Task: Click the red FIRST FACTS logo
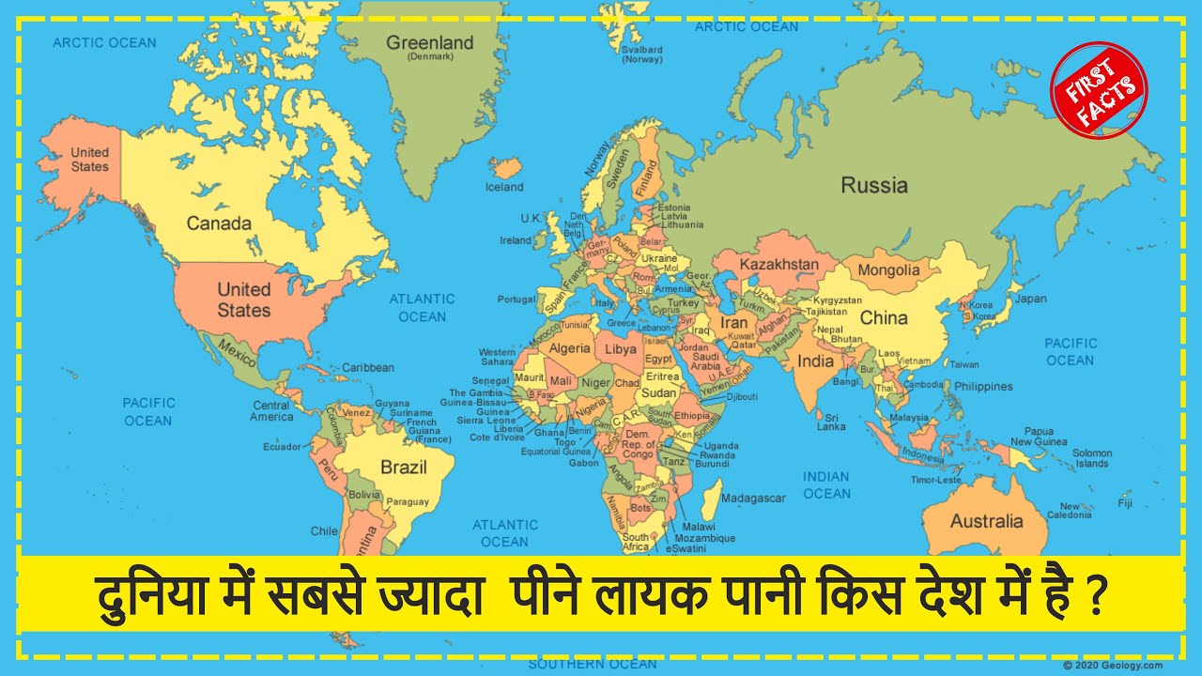coord(1099,90)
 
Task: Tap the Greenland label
coord(430,44)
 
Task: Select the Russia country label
coord(874,185)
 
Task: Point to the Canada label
coord(219,223)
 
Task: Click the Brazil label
coord(404,467)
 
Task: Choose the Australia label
coord(986,521)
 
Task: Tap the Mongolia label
coord(889,270)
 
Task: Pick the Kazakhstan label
coord(778,265)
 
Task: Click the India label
coord(815,361)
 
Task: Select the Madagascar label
coord(753,498)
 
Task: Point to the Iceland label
coord(504,187)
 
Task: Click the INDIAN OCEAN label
coord(826,485)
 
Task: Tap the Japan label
coord(1031,299)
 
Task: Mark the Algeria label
coord(569,348)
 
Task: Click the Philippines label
coord(983,386)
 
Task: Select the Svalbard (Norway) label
coord(642,54)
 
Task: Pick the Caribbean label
coord(368,367)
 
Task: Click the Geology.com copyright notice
coord(1113,665)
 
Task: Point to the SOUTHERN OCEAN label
coord(593,664)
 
